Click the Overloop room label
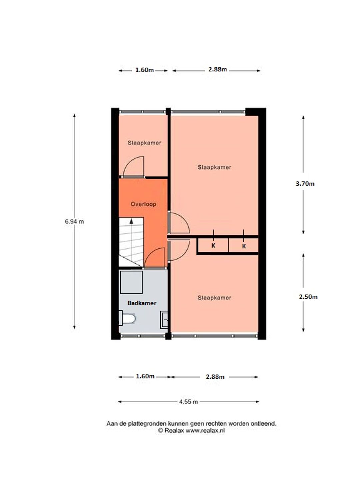[x=143, y=204]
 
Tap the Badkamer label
[x=142, y=303]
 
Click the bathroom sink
[x=164, y=320]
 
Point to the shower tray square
[x=131, y=282]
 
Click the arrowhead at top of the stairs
[x=131, y=221]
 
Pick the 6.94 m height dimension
[x=74, y=222]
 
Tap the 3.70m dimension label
[x=305, y=184]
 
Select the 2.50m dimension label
[x=308, y=297]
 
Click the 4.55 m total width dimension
[x=188, y=402]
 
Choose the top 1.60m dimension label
[x=144, y=70]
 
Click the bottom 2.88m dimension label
[x=215, y=377]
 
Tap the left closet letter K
[x=213, y=246]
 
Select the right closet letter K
[x=244, y=246]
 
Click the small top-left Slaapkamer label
[x=144, y=143]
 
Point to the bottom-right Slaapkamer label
[x=214, y=298]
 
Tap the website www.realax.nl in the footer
[x=205, y=431]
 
